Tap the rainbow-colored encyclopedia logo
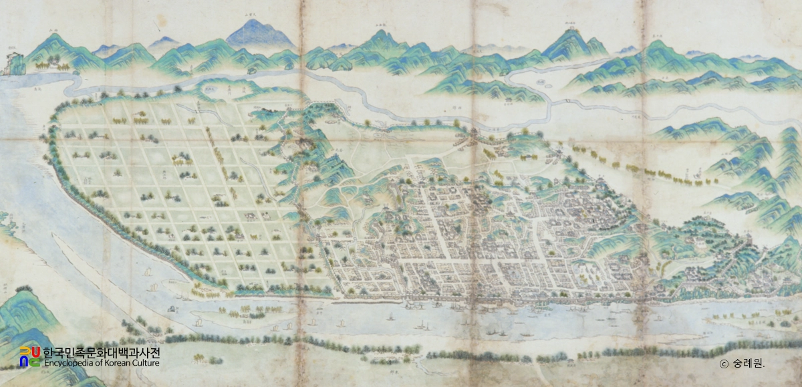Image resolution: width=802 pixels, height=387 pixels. tap(29, 357)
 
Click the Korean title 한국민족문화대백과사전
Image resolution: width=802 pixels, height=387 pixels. tap(102, 352)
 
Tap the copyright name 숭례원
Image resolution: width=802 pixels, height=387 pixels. tap(748, 364)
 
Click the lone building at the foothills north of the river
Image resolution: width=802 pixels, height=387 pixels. tap(508, 100)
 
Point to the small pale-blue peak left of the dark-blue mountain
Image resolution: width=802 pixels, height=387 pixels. tap(163, 42)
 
